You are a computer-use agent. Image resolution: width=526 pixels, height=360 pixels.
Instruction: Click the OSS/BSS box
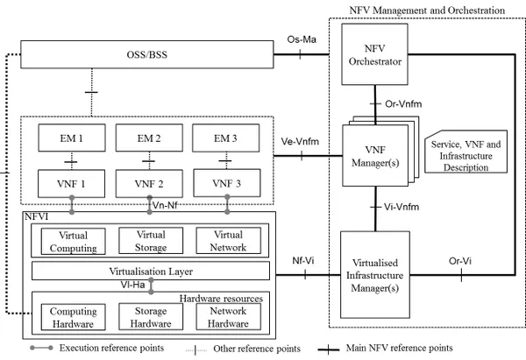pyautogui.click(x=147, y=54)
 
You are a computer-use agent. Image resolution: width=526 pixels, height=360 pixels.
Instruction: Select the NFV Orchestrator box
pyautogui.click(x=374, y=54)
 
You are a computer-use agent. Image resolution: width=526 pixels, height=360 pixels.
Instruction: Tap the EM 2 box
pyautogui.click(x=149, y=138)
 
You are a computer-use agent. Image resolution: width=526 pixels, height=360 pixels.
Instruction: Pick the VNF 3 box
pyautogui.click(x=227, y=183)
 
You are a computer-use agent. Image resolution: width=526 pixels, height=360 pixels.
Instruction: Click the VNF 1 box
pyautogui.click(x=72, y=183)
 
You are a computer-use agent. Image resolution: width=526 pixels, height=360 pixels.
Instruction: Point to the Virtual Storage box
pyautogui.click(x=151, y=241)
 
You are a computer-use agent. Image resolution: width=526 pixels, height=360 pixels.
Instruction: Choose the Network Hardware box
pyautogui.click(x=228, y=317)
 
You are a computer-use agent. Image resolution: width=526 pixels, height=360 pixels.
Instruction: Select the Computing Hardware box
pyautogui.click(x=73, y=317)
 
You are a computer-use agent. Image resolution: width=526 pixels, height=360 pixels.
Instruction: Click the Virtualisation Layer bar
pyautogui.click(x=151, y=271)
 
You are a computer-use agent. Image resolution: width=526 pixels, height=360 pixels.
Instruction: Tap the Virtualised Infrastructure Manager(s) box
pyautogui.click(x=375, y=275)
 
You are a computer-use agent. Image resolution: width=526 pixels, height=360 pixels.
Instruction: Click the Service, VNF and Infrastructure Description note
pyautogui.click(x=466, y=152)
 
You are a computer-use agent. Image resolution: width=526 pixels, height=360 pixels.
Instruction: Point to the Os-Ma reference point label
pyautogui.click(x=302, y=39)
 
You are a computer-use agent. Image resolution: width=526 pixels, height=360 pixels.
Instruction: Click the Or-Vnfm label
pyautogui.click(x=403, y=104)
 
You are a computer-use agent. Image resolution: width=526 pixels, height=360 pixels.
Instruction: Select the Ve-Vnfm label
pyautogui.click(x=300, y=141)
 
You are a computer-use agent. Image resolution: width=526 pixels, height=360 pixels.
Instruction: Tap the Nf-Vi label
pyautogui.click(x=303, y=260)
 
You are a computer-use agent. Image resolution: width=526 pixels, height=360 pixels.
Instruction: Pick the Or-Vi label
pyautogui.click(x=460, y=261)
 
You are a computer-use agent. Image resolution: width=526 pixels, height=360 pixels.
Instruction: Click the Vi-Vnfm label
pyautogui.click(x=402, y=207)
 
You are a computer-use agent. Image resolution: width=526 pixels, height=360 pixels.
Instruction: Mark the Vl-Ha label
pyautogui.click(x=133, y=285)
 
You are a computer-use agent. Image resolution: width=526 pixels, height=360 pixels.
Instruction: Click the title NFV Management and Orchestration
pyautogui.click(x=427, y=11)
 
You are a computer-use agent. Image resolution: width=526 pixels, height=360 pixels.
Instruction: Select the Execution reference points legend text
pyautogui.click(x=111, y=348)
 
